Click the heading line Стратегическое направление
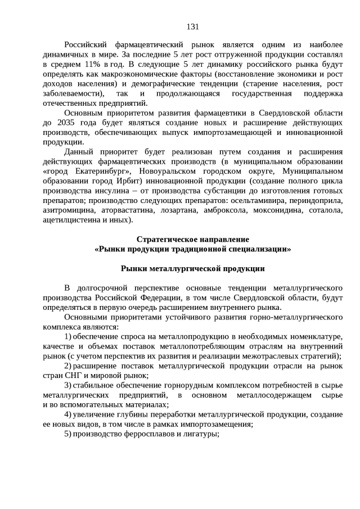(192, 239)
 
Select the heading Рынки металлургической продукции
(192, 268)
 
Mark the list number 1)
(67, 336)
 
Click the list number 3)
(67, 385)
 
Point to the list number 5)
(67, 434)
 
